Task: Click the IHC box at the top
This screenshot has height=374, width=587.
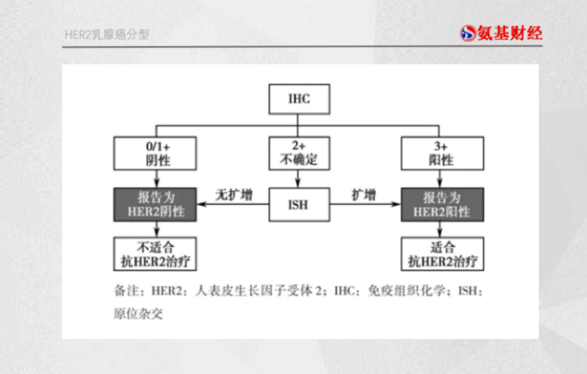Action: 299,100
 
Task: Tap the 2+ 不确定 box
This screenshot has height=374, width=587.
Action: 299,153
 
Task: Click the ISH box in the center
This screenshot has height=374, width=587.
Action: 299,205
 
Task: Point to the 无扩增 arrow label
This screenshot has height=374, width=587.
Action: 232,194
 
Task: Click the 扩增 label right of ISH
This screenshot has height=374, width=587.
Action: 363,194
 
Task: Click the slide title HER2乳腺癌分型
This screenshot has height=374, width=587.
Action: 109,35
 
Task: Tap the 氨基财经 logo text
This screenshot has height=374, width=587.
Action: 514,34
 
